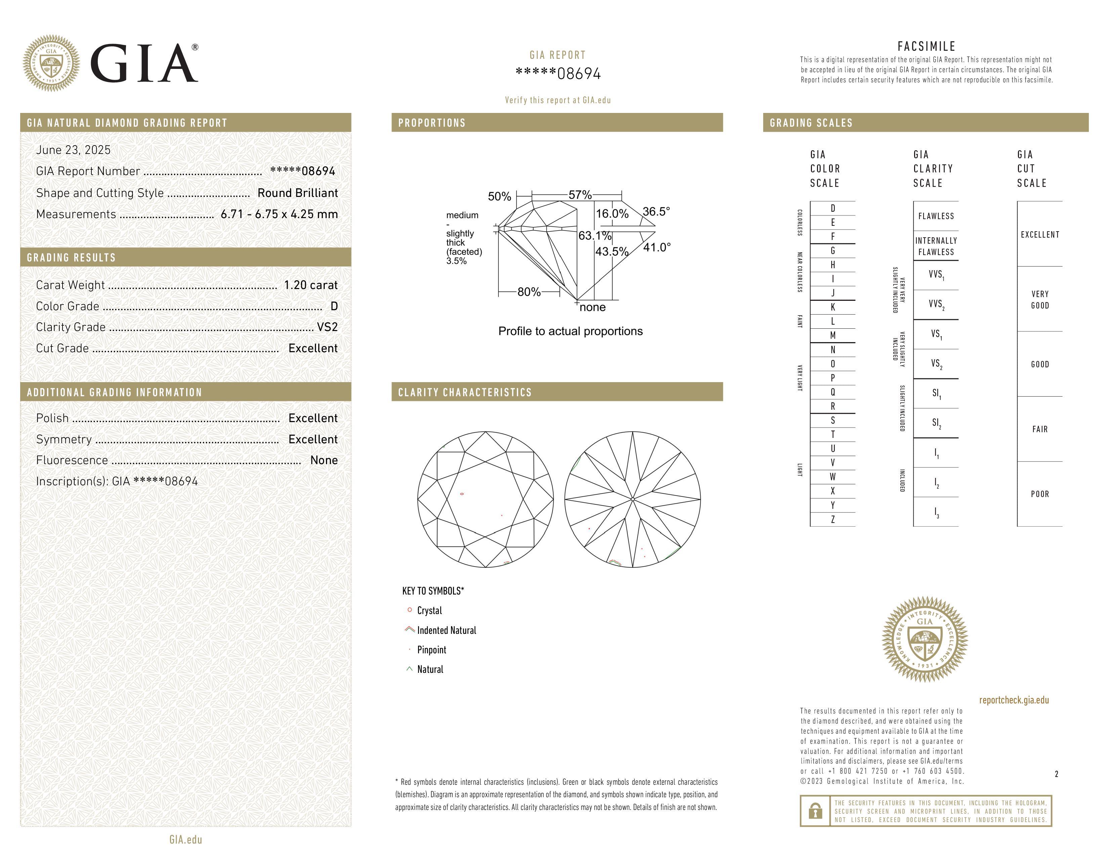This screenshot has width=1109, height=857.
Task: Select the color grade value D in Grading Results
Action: pos(334,306)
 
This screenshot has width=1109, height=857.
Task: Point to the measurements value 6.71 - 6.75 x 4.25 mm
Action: pos(279,214)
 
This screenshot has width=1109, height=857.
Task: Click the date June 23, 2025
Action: pos(73,150)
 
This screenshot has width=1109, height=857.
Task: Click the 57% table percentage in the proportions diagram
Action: pos(580,195)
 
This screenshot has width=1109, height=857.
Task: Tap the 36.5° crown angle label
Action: pos(656,211)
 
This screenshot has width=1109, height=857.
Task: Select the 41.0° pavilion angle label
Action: pos(657,247)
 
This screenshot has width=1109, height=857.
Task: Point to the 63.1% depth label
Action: pos(594,236)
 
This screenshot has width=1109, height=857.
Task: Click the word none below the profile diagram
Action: pos(592,307)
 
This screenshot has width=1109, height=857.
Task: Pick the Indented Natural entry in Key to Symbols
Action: pos(446,630)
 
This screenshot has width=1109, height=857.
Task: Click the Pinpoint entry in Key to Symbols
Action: pos(431,650)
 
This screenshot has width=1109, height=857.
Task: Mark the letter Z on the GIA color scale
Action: pos(832,519)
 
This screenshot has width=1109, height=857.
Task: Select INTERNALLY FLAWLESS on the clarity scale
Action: pos(936,246)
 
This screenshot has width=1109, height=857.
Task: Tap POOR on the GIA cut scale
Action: pos(1039,494)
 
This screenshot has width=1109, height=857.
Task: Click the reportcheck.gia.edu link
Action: pos(1014,700)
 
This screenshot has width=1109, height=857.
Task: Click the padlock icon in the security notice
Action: pos(815,811)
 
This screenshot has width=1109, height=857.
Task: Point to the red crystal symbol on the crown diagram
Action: pos(461,493)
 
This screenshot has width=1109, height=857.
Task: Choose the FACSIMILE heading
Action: pos(926,46)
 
